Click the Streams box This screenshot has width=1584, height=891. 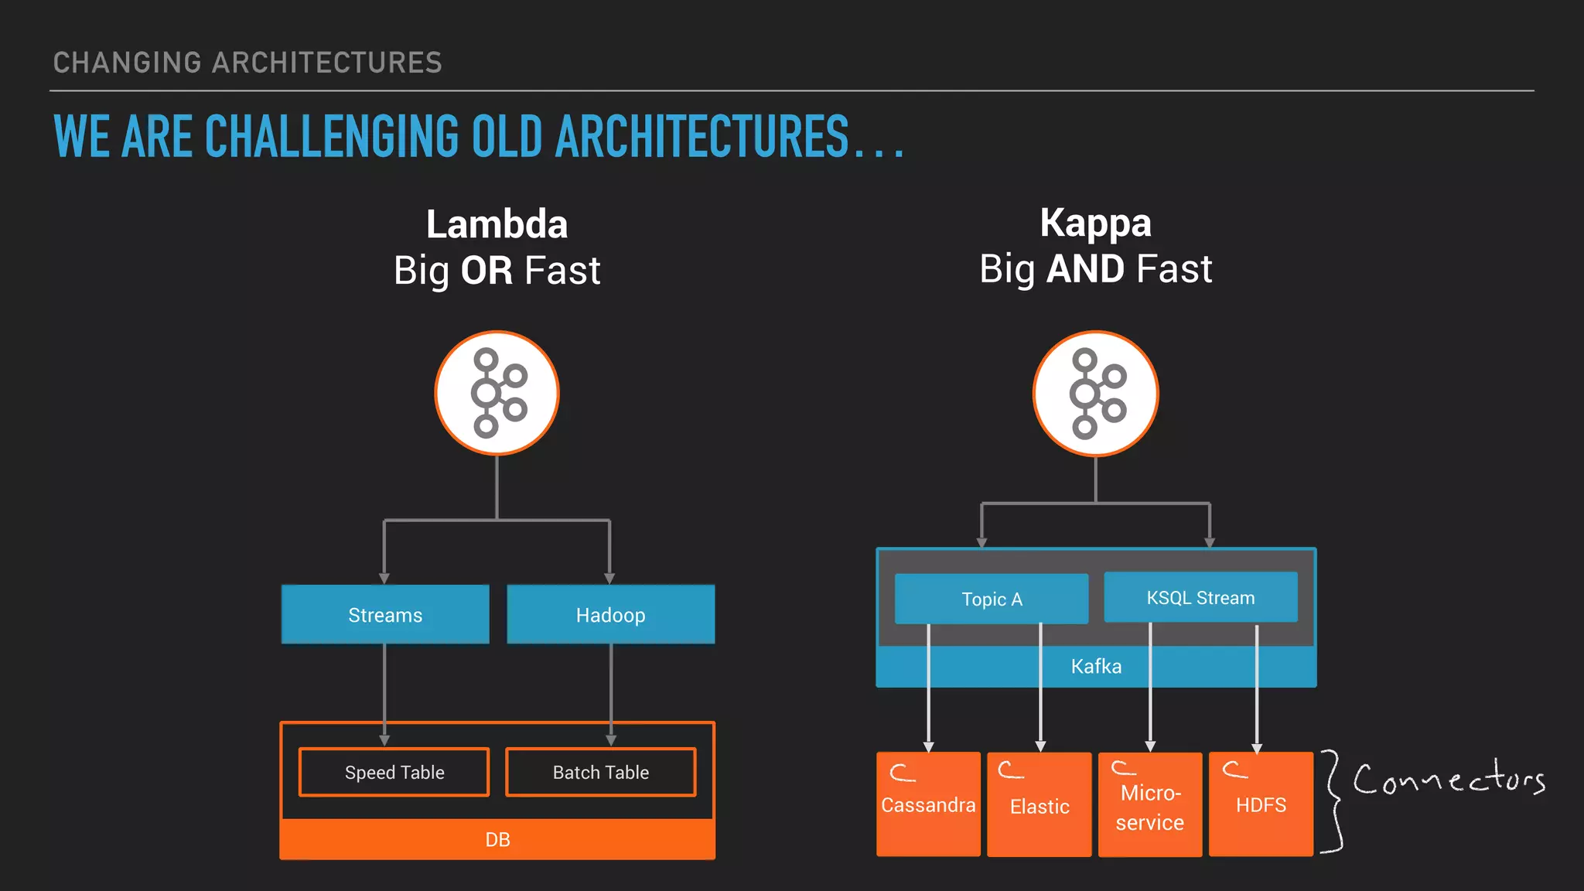pos(385,615)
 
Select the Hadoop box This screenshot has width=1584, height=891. pos(610,615)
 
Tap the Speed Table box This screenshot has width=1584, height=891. pos(394,772)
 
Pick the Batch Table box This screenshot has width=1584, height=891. pos(600,772)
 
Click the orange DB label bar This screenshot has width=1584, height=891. pos(497,839)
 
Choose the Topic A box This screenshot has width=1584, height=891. pos(991,599)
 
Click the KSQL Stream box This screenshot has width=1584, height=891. pos(1200,597)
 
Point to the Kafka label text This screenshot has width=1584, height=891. pos(1096,666)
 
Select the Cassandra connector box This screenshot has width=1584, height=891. pos(928,804)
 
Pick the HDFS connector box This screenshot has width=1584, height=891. pos(1261,804)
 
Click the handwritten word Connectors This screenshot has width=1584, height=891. pos(1448,778)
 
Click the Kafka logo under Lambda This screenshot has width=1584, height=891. pos(497,393)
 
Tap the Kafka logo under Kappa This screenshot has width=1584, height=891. pos(1095,394)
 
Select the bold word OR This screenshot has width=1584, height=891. pos(486,271)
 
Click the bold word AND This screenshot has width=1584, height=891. pos(1085,269)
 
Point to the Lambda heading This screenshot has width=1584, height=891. pos(497,224)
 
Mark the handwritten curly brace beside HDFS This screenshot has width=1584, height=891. pos(1333,801)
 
